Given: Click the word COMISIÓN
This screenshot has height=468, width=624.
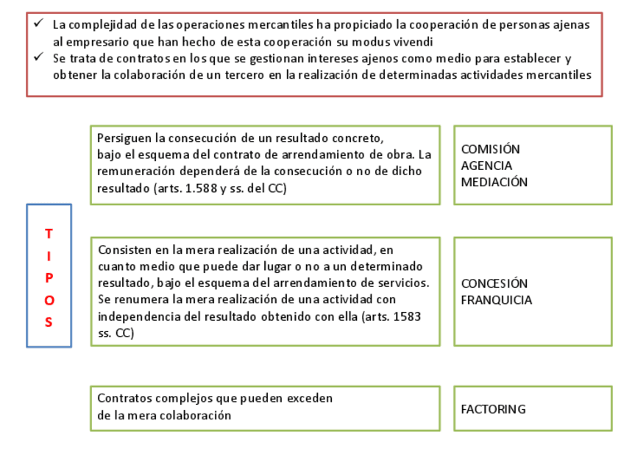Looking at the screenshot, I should click(490, 149).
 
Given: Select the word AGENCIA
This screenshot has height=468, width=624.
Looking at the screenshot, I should click(486, 166).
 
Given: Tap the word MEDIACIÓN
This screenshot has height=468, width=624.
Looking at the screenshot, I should click(494, 182).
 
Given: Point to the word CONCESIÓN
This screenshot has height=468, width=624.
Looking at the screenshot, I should click(494, 283).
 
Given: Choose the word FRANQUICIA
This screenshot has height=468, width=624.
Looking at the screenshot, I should click(497, 300).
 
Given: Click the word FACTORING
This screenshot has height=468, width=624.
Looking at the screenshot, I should click(493, 409).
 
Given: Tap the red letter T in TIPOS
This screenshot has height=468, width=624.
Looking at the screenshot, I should click(49, 234).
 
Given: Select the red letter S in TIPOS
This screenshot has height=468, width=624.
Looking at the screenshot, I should click(49, 322).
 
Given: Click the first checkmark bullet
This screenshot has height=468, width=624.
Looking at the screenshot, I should click(38, 24).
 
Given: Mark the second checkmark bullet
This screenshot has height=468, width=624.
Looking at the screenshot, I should click(38, 57).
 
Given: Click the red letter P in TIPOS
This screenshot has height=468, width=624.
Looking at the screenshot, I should click(49, 278).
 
